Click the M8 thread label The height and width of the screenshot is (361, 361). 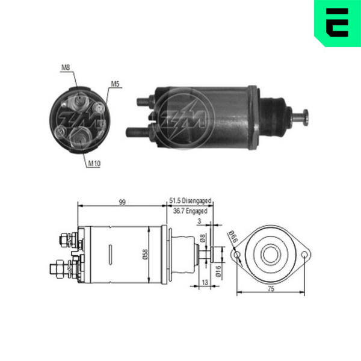click(x=66, y=67)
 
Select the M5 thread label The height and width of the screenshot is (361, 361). click(x=116, y=84)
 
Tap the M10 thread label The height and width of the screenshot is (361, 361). click(x=94, y=164)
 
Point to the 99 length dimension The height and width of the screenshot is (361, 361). click(x=122, y=202)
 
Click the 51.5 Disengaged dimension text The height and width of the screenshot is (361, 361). click(x=190, y=201)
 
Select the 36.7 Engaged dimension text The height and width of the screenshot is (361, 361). click(x=190, y=211)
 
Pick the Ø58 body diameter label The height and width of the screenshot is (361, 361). click(x=146, y=255)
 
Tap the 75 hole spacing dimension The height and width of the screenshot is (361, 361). click(x=271, y=289)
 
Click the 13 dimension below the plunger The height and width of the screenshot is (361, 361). click(x=205, y=282)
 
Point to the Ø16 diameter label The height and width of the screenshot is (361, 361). click(x=218, y=271)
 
